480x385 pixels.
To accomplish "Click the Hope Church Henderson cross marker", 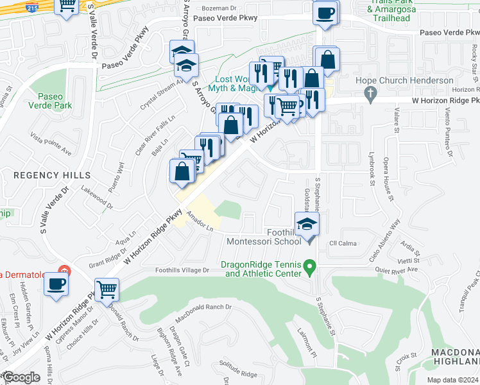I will (x=369, y=94).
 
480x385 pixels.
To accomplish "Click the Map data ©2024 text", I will (x=453, y=380).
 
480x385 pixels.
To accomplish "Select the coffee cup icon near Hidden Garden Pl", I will (x=56, y=283).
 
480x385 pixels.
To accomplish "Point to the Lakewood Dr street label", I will (x=97, y=198).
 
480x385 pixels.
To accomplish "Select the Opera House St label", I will (x=389, y=180).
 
